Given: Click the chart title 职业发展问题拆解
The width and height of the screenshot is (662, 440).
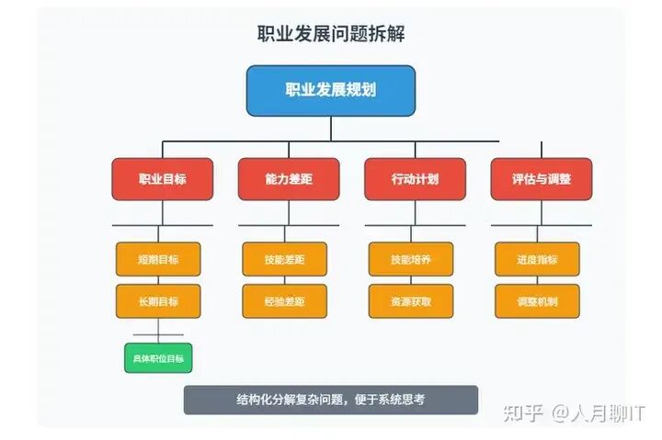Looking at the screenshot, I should (x=331, y=34).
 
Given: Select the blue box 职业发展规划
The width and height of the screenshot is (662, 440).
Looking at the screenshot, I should (x=330, y=90).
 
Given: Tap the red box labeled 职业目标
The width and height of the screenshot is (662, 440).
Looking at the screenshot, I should (x=162, y=179).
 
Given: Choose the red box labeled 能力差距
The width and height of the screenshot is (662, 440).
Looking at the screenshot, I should (x=288, y=179).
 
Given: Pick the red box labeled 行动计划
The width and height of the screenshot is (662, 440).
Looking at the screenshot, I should (x=414, y=179).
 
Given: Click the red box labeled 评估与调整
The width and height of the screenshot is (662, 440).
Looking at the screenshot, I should (x=541, y=179).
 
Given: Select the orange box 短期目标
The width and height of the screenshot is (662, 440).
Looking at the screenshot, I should (x=158, y=259).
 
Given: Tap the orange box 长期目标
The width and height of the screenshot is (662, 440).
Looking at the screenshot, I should (x=158, y=301).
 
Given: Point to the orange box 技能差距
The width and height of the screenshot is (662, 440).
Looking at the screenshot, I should (x=284, y=259).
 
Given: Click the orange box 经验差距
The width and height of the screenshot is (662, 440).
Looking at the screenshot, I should (x=284, y=301).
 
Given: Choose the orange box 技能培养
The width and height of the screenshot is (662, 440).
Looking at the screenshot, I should (x=410, y=259).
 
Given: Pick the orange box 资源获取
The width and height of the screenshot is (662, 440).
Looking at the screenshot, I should (x=410, y=301).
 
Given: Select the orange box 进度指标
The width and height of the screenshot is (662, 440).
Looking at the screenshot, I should (x=537, y=259).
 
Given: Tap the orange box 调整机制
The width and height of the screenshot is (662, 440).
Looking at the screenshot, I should (x=537, y=301).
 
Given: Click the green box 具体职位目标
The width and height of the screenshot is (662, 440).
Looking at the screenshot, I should (x=158, y=357).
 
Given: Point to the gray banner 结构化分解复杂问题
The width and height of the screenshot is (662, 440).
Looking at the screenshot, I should (x=330, y=400).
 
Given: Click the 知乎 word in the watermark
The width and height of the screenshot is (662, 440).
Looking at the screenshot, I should (x=523, y=413).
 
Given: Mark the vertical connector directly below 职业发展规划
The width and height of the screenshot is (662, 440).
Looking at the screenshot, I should (x=331, y=129).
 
